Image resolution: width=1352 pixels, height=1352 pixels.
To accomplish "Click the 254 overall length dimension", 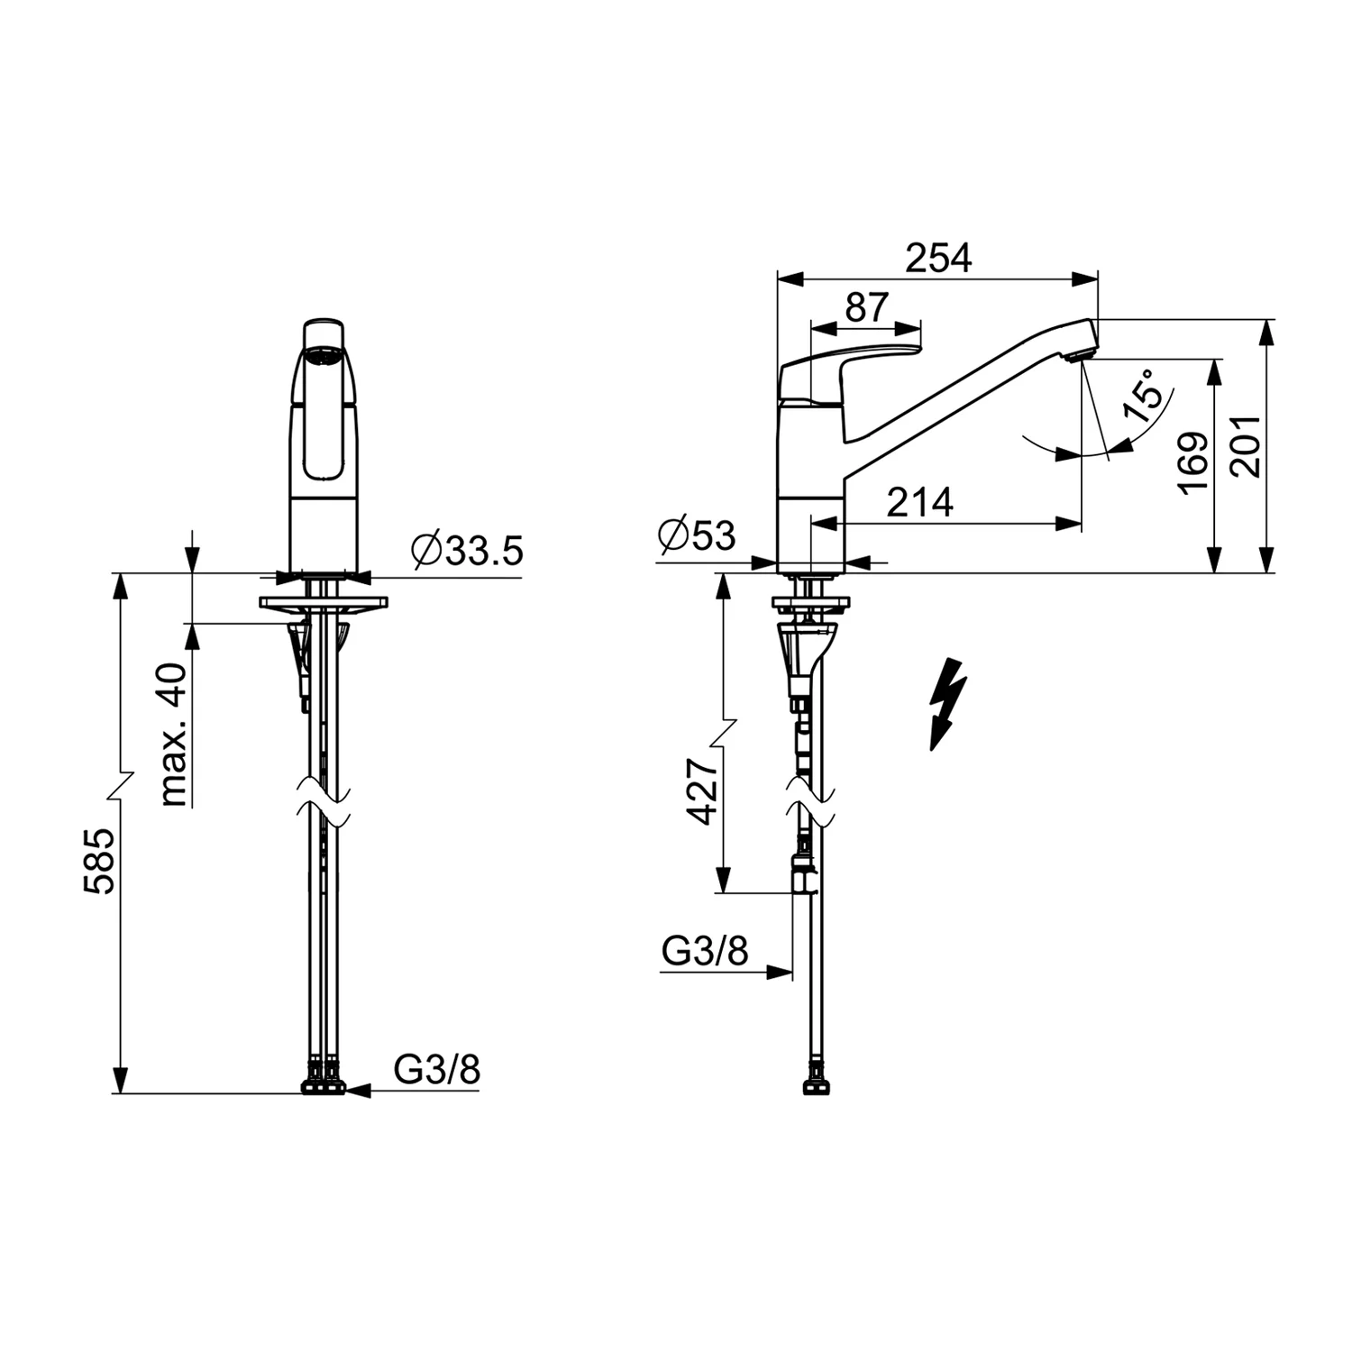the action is point(939,259).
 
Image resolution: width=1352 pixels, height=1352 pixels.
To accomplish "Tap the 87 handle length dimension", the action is point(867,307).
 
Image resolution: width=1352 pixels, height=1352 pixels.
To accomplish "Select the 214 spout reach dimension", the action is point(919,502).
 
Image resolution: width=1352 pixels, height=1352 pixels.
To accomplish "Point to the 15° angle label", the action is point(1143,396).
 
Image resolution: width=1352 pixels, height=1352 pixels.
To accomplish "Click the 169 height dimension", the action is point(1194,463).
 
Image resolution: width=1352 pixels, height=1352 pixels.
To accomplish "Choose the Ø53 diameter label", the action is point(697,535).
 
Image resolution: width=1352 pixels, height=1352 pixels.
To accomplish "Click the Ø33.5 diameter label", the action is point(467,550).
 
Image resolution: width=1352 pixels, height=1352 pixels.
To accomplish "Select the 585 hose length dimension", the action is point(100,861).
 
